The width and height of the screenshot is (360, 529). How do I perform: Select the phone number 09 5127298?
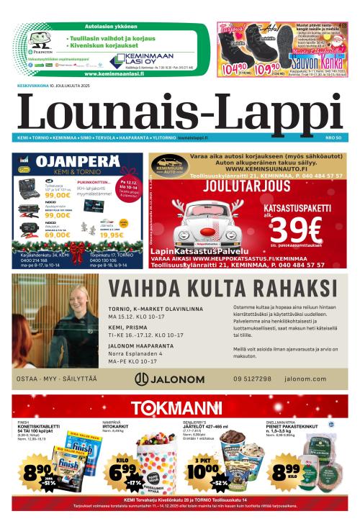252,379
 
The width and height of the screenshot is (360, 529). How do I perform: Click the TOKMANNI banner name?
179,406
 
